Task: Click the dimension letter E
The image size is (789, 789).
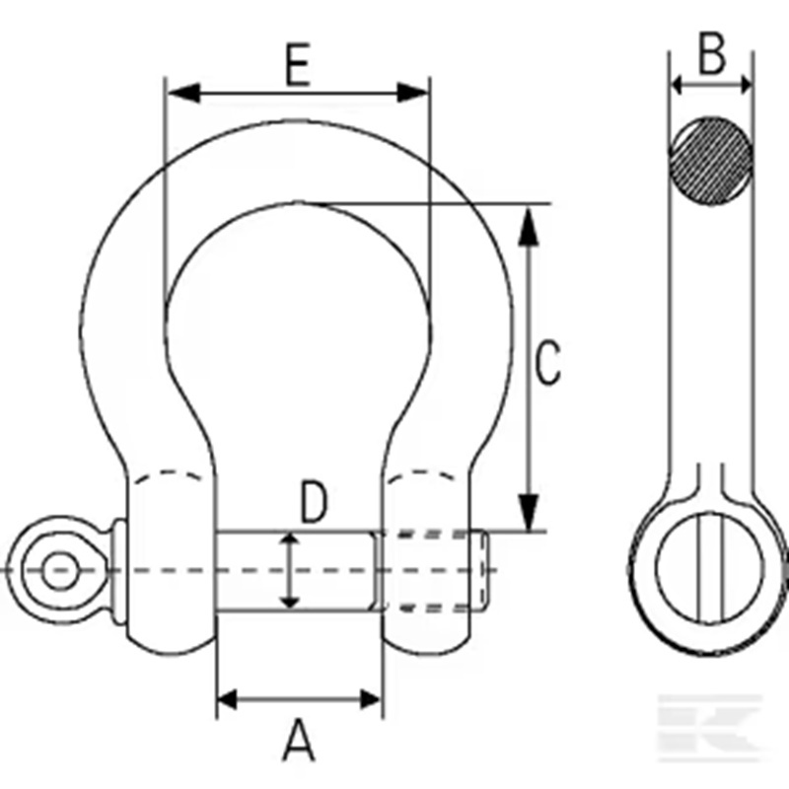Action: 298,65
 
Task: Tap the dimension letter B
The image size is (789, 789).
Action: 712,53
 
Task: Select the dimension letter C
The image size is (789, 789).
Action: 547,362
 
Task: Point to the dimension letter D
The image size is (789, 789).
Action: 314,501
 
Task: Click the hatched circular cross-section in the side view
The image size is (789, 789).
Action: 711,161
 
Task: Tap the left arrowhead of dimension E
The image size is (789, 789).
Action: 184,93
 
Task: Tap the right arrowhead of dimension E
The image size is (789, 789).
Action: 412,93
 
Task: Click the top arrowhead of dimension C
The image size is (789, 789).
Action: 528,227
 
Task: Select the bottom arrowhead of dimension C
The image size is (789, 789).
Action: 528,513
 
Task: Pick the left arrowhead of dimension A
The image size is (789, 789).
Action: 228,699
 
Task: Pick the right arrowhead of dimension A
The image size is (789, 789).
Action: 371,699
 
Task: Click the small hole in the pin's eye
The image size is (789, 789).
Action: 60,570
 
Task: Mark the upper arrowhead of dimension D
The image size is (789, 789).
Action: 289,541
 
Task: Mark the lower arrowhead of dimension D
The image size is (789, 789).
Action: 289,600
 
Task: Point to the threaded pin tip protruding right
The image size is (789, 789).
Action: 479,571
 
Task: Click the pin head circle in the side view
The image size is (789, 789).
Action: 710,568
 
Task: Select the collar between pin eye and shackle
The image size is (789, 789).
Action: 118,572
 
